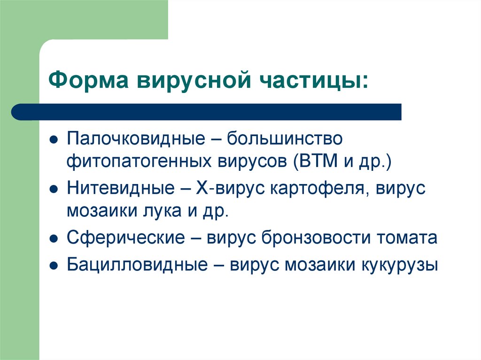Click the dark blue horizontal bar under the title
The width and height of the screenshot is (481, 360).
point(207,112)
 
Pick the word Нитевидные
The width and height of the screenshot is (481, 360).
point(121,189)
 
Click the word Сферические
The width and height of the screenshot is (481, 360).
point(125,237)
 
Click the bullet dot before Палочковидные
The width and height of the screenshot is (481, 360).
point(54,140)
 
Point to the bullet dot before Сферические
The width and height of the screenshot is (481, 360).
point(54,238)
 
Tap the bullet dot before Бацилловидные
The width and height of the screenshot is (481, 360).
point(54,265)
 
